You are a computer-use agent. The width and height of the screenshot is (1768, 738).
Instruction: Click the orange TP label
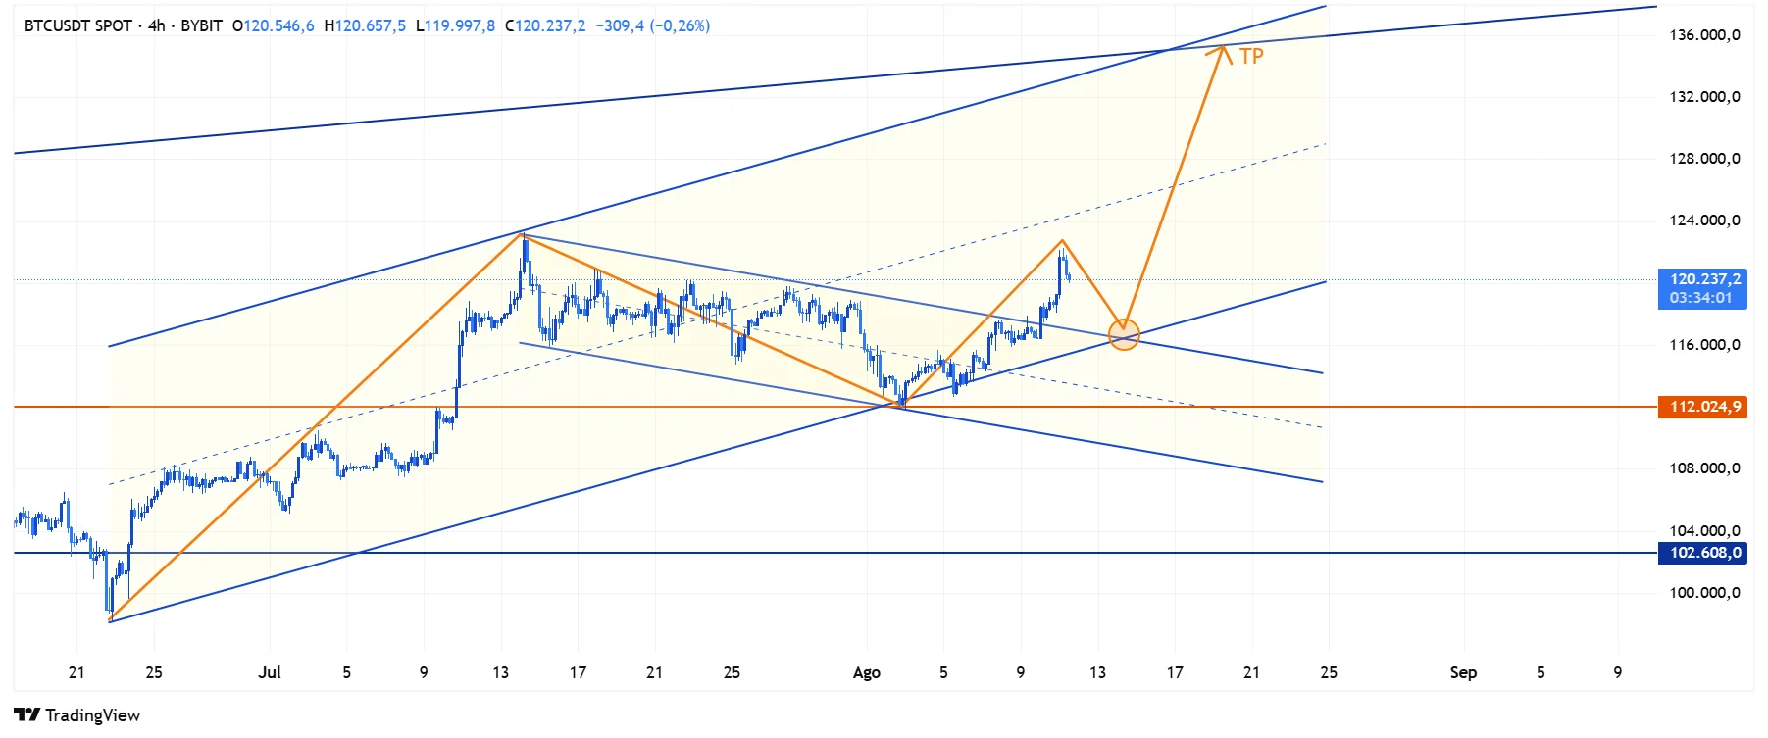pos(1251,56)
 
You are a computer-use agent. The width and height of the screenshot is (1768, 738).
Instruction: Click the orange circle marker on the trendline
pos(1124,335)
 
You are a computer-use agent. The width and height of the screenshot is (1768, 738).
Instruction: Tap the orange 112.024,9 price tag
pos(1702,407)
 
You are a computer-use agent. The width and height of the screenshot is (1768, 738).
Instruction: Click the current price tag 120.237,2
pos(1702,279)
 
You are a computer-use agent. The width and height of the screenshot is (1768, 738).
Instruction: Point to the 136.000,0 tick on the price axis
pos(1704,35)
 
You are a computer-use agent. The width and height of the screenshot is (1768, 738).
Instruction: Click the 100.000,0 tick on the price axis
pos(1704,593)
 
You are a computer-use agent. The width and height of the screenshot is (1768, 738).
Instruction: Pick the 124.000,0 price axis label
pos(1704,221)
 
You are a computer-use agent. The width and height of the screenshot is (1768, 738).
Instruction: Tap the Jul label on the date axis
pos(270,672)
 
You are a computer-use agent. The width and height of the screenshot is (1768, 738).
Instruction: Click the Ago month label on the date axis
pos(867,672)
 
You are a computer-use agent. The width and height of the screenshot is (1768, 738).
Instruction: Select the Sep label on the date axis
pos(1463,672)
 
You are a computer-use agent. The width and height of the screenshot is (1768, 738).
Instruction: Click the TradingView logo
pos(77,715)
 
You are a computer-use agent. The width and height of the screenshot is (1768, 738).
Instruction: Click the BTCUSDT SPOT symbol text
pos(78,25)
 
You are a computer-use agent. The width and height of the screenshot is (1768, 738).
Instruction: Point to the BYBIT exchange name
pos(201,25)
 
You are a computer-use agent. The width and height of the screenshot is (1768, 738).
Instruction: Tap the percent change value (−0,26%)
pos(680,25)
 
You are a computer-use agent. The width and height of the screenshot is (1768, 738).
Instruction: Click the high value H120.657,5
pos(365,25)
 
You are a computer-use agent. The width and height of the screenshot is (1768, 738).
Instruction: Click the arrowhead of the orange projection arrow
pos(1222,50)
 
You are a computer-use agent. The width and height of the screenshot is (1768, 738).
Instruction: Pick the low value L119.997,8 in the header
pos(455,25)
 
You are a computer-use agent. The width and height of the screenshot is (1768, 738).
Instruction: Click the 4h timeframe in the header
pos(157,25)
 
